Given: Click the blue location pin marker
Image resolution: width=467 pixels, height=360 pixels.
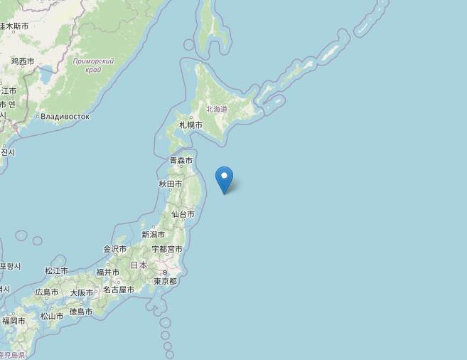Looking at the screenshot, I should click(x=225, y=179).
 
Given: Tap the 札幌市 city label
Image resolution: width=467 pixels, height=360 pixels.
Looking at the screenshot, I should click(x=190, y=125).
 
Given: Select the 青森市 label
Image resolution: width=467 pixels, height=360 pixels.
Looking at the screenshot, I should click(x=181, y=161).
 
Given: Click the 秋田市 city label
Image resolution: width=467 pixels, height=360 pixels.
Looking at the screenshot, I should click(x=171, y=184).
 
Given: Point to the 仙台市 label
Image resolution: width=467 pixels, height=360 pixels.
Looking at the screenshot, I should click(x=183, y=214).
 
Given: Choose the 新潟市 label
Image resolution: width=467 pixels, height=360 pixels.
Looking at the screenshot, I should click(x=153, y=235).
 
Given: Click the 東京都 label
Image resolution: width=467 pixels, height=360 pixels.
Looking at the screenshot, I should click(x=165, y=281).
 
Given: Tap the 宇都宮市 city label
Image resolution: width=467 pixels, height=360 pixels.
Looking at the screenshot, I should click(x=167, y=249).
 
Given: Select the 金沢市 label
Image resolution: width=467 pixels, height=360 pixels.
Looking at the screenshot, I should click(x=114, y=249).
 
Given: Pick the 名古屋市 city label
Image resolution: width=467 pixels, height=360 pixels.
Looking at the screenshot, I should click(x=118, y=290).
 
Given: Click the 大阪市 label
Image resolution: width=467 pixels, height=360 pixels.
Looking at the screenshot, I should click(x=81, y=292).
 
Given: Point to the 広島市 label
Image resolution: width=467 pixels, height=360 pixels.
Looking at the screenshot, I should click(x=46, y=292).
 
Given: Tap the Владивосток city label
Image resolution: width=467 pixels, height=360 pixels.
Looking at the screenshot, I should click(x=65, y=116).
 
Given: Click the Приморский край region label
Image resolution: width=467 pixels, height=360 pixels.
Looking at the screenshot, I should click(x=93, y=65).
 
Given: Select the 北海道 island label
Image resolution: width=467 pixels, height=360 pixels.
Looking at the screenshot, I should click(x=217, y=109).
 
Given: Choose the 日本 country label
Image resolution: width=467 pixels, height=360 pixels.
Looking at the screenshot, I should click(x=139, y=265).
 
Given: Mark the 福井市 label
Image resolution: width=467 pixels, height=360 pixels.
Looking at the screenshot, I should click(x=108, y=272).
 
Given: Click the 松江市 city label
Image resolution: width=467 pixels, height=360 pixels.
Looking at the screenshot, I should click(x=56, y=271).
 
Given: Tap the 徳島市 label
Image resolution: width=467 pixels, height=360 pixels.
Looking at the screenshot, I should click(x=81, y=312).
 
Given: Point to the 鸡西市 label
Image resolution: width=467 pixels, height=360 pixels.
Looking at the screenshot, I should click(x=23, y=62).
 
